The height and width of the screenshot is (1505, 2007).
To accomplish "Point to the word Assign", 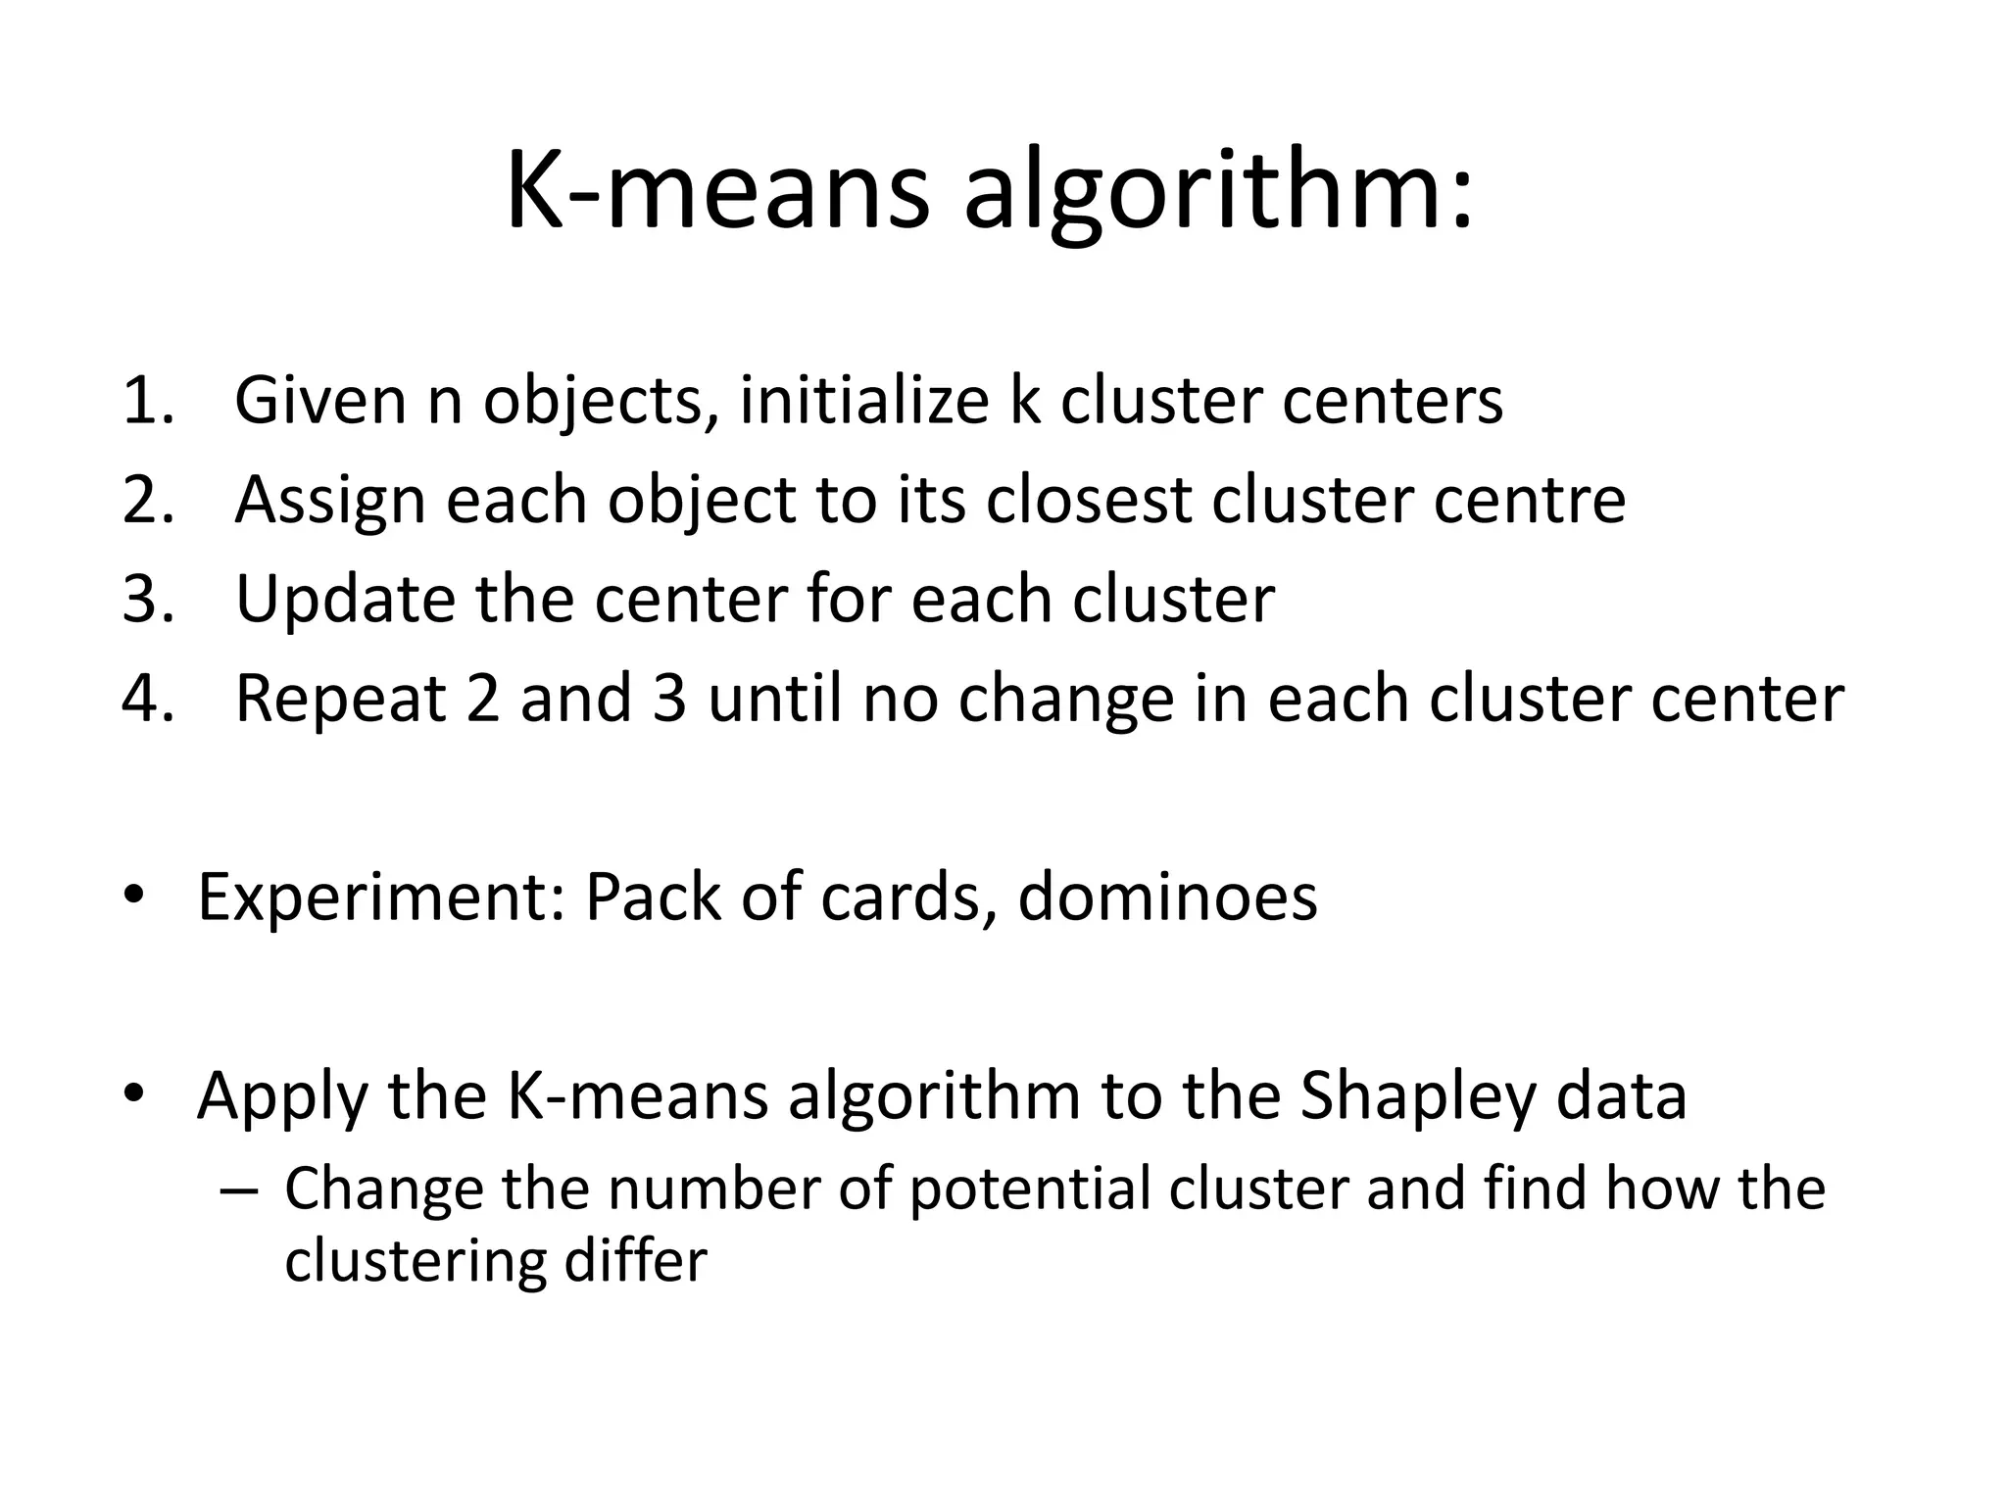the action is [x=330, y=500].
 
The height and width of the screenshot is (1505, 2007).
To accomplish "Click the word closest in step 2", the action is [x=1088, y=500].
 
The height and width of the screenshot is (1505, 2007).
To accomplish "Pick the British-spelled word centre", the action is [x=1530, y=500].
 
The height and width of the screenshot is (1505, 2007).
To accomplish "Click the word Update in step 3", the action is [x=345, y=599].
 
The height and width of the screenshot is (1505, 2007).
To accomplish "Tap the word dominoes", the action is [x=1167, y=897].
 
